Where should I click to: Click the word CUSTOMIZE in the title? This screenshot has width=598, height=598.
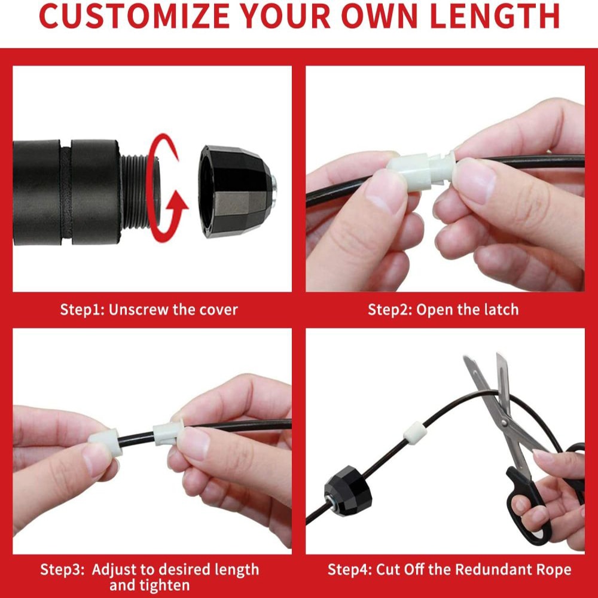click(134, 16)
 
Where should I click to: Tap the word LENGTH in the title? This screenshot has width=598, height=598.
click(495, 16)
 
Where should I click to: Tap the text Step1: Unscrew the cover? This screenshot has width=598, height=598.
click(149, 310)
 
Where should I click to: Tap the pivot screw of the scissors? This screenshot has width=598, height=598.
click(505, 422)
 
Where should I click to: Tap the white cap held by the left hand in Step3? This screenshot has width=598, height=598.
click(106, 442)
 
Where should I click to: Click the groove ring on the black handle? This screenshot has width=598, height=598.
click(66, 192)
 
